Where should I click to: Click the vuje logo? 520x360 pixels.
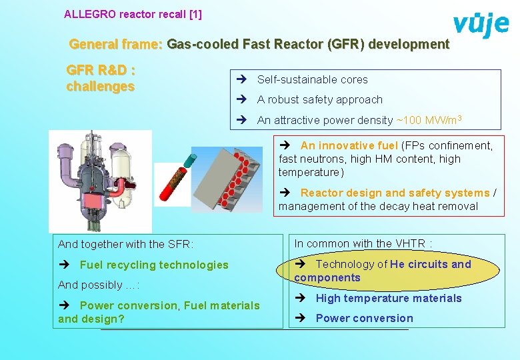point(481,25)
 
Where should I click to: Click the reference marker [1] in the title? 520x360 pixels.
point(194,14)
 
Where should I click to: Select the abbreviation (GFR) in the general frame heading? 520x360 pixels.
point(342,45)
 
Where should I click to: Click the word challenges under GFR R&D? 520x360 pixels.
point(101,87)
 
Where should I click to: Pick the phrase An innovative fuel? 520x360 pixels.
point(349,145)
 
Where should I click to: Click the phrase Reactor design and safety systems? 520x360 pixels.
point(395,193)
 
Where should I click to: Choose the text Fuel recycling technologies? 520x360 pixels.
point(154,265)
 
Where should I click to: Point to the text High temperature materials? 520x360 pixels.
point(389,298)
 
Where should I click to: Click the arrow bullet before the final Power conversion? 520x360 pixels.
point(302,319)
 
